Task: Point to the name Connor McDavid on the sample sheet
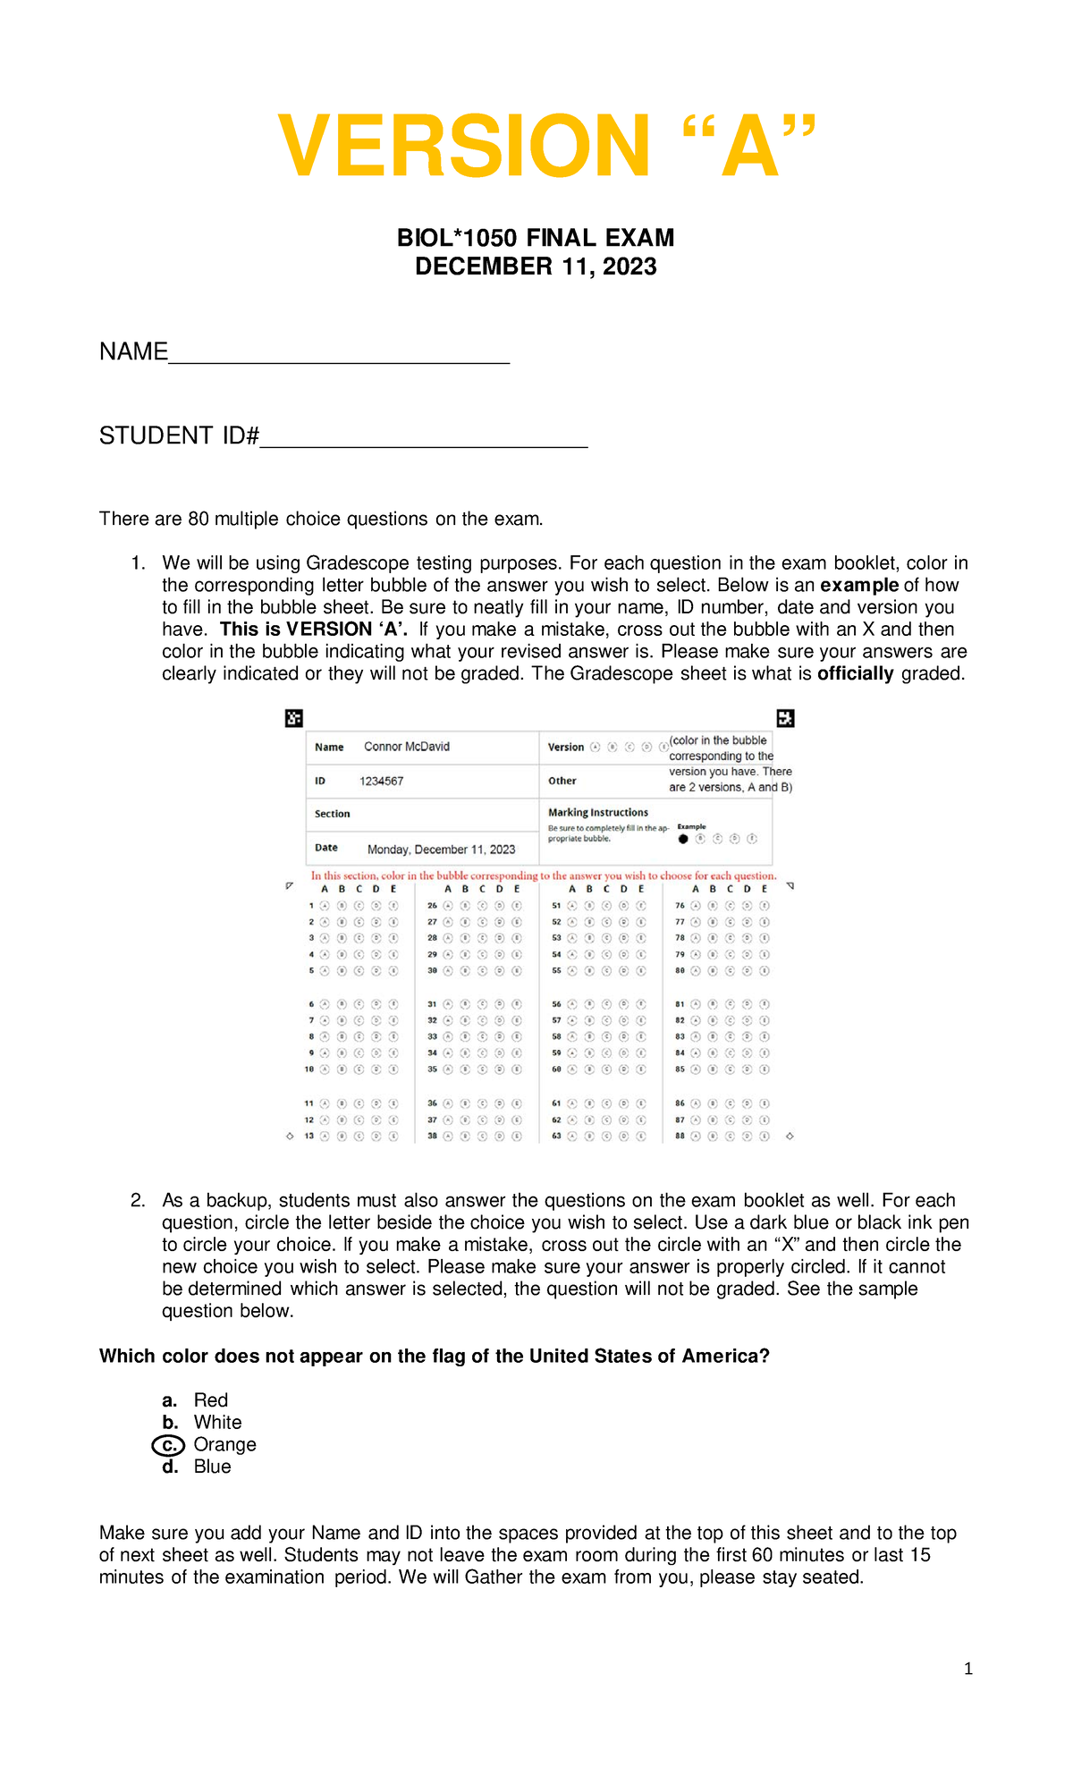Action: [407, 747]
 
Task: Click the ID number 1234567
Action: [382, 781]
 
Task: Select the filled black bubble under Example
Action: [683, 839]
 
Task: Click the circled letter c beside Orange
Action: [168, 1444]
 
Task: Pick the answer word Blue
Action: [212, 1467]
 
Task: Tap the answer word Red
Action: [211, 1400]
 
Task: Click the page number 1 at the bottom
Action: [968, 1669]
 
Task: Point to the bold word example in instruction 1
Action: [859, 586]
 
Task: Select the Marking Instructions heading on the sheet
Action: [598, 812]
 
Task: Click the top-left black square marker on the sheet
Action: [293, 718]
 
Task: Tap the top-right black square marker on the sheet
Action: [785, 718]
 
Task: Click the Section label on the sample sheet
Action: [332, 814]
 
